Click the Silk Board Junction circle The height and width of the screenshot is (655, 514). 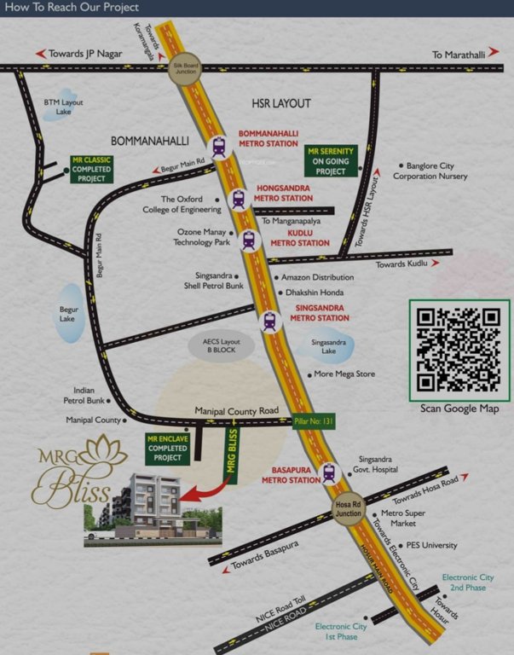pyautogui.click(x=185, y=70)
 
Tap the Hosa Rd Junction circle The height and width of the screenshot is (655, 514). pyautogui.click(x=348, y=508)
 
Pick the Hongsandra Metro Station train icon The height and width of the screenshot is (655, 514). pyautogui.click(x=240, y=199)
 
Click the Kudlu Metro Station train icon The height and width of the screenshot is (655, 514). pyautogui.click(x=249, y=241)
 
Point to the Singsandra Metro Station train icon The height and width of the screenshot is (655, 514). pyautogui.click(x=270, y=322)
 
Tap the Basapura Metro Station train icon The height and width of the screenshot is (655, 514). pyautogui.click(x=329, y=473)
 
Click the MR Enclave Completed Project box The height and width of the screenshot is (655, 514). pyautogui.click(x=167, y=448)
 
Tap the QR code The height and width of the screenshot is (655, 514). pyautogui.click(x=459, y=349)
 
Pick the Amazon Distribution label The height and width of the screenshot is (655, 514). pyautogui.click(x=317, y=277)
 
